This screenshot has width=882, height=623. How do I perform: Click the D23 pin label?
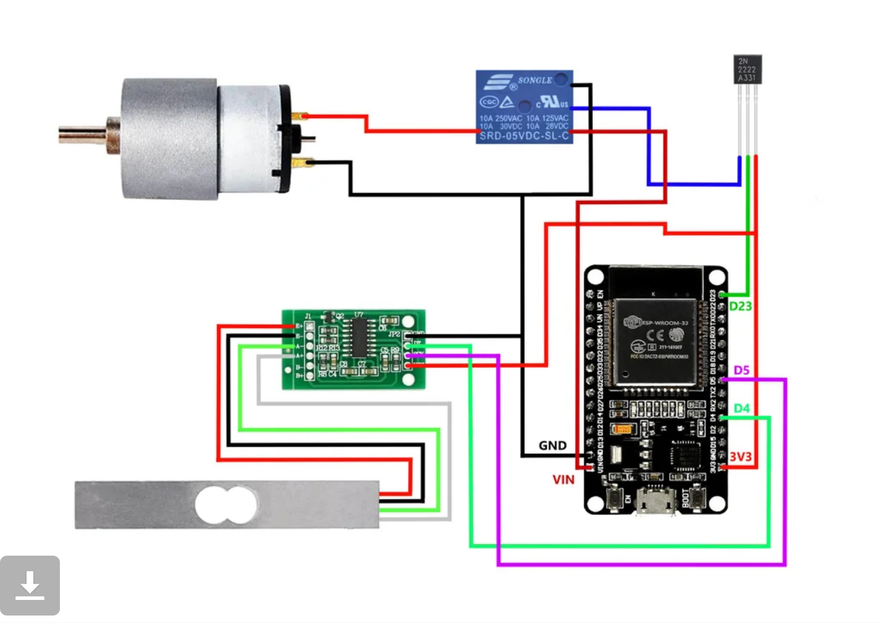[x=740, y=306]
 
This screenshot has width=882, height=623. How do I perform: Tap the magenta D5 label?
[x=741, y=371]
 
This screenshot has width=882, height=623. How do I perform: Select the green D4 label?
[x=741, y=409]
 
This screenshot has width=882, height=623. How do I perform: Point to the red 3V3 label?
[x=740, y=457]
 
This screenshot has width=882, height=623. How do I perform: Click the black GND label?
[x=553, y=445]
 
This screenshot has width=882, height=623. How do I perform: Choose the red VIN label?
[x=563, y=479]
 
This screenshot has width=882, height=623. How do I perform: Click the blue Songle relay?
[x=523, y=107]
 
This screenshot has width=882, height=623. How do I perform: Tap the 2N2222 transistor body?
[x=748, y=69]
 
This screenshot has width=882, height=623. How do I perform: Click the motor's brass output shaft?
[x=82, y=132]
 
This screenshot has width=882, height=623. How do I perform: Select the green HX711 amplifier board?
[x=354, y=349]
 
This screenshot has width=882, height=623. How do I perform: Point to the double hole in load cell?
[x=227, y=505]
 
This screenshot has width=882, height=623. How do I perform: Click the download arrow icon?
[x=30, y=586]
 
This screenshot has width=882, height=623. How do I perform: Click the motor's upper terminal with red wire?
[x=301, y=116]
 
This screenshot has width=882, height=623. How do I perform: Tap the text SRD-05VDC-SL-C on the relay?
[x=523, y=137]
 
